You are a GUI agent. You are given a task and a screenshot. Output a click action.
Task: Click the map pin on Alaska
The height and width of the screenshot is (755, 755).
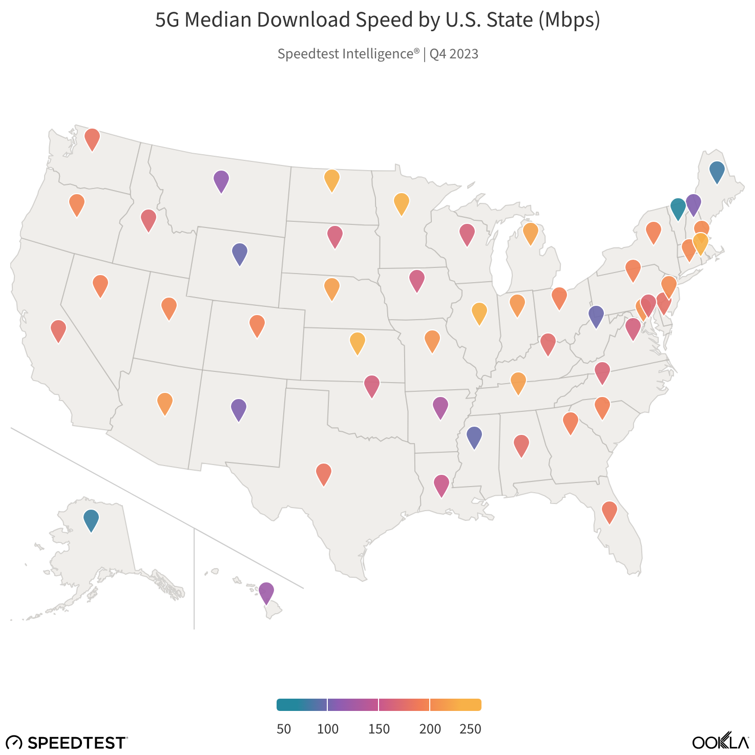pos(91,519)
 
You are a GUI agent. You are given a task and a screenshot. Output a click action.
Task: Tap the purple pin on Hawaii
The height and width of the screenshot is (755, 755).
pos(266,592)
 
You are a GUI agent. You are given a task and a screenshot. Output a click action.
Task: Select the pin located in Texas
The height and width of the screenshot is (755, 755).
pos(324,473)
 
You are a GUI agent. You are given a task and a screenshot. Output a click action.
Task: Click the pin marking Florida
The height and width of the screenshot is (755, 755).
pos(610,511)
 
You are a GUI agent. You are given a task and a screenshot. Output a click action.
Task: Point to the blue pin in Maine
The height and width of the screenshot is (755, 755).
pos(717,171)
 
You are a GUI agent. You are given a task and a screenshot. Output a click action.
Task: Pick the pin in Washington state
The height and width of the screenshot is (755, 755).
pos(92,138)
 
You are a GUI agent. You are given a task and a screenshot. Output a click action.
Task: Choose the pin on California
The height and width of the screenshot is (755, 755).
pos(58,329)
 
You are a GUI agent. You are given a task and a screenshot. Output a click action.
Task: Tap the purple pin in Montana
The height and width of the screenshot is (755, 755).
pos(221,180)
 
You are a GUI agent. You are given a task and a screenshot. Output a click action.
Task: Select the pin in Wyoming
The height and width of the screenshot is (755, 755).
pos(240,253)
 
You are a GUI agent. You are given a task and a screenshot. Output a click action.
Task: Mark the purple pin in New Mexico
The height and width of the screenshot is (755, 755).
pos(238,408)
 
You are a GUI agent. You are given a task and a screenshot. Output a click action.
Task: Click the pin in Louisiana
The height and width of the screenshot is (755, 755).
pos(441,484)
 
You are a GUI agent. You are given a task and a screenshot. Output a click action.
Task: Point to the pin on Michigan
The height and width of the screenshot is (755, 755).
pos(530,233)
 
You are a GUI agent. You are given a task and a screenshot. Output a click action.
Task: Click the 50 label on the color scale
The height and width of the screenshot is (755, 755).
pos(284,729)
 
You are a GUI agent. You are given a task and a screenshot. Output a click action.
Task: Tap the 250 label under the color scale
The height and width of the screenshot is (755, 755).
pos(470,729)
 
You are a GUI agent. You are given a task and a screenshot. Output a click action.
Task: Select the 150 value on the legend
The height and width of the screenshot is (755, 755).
pos(379,729)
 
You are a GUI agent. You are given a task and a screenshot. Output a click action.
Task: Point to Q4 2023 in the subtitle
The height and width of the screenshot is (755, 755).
pos(454,54)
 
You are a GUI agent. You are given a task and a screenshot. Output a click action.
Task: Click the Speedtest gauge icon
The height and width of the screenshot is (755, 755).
pos(14,742)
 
